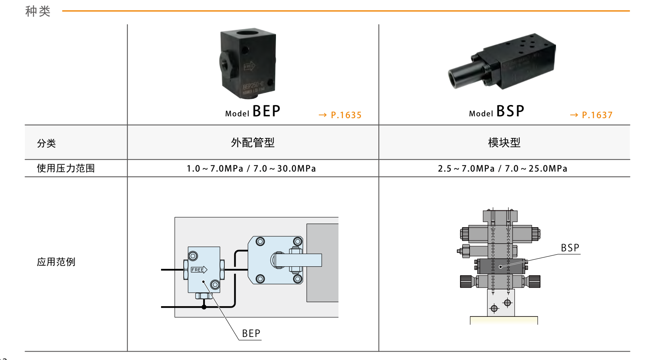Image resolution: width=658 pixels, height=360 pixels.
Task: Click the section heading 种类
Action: [38, 11]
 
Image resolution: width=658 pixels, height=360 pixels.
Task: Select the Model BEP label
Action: [253, 111]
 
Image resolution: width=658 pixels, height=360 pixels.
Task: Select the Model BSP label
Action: [497, 111]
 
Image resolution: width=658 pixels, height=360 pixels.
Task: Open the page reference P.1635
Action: [340, 115]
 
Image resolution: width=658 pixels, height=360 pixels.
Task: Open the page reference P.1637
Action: [591, 115]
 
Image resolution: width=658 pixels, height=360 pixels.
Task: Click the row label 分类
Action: [46, 143]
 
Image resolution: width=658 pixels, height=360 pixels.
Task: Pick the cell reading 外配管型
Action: [253, 143]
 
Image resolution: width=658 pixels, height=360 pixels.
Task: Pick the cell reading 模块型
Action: [504, 143]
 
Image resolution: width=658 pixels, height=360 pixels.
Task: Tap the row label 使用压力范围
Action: [66, 168]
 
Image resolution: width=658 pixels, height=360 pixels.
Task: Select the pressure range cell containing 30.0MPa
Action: [251, 169]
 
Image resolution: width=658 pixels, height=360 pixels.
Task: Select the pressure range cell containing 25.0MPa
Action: [502, 169]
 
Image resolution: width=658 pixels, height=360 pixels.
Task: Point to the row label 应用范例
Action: [56, 262]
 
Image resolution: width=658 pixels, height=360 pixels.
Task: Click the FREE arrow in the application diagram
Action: [199, 270]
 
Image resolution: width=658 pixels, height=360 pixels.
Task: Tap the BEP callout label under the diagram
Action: [251, 334]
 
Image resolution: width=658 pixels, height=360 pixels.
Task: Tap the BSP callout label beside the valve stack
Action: [570, 248]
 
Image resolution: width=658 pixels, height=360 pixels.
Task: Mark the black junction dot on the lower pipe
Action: [204, 307]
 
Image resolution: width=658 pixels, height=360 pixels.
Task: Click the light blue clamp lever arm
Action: [298, 260]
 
